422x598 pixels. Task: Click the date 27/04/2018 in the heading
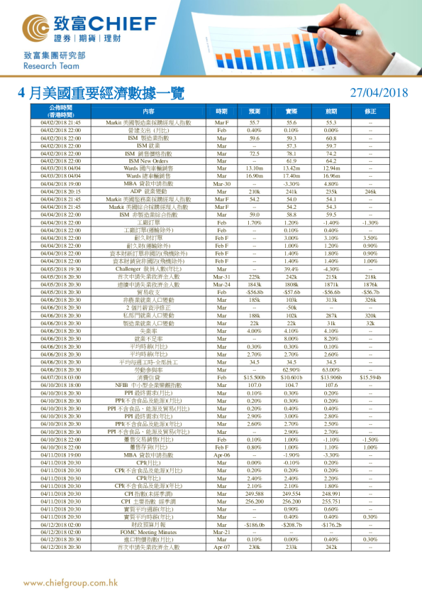pyautogui.click(x=379, y=92)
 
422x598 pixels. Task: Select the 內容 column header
pyautogui.click(x=148, y=112)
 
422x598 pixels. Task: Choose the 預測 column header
pyautogui.click(x=255, y=112)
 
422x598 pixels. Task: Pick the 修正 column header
pyautogui.click(x=370, y=112)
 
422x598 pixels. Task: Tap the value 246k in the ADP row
pyautogui.click(x=370, y=192)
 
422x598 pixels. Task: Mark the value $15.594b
pyautogui.click(x=370, y=377)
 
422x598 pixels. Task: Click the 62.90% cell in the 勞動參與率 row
pyautogui.click(x=291, y=370)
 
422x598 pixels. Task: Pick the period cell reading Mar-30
pyautogui.click(x=221, y=184)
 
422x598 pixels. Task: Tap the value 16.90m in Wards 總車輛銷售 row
pyautogui.click(x=255, y=176)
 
